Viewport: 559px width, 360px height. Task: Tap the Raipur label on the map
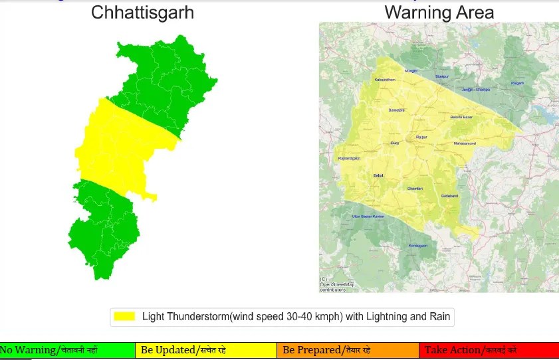[421, 137]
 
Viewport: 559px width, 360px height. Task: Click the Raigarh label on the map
[517, 83]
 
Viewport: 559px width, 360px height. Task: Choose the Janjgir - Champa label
[476, 89]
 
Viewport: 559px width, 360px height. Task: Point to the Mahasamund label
[465, 143]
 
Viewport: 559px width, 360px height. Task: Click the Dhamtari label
[415, 189]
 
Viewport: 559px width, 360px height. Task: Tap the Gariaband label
[450, 196]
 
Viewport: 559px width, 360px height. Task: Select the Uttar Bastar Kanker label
[369, 217]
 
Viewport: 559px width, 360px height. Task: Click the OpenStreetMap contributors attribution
[337, 285]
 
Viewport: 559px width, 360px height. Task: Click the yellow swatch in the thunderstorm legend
[124, 316]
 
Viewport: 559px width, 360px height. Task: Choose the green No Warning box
[67, 350]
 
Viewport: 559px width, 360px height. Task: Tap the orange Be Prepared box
[348, 350]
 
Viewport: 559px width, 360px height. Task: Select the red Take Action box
[489, 350]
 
